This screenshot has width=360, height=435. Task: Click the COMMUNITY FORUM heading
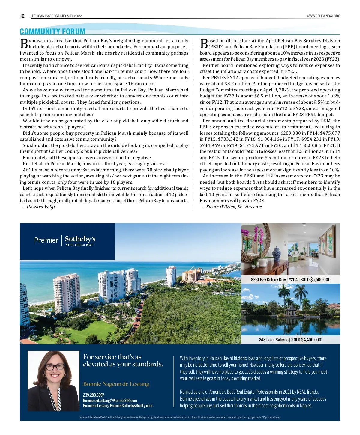(x=52, y=31)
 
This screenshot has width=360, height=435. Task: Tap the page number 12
(x=22, y=16)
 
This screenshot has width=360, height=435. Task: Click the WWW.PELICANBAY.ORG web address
(x=323, y=16)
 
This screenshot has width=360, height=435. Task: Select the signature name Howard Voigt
(x=41, y=207)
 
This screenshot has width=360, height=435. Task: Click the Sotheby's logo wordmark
(x=80, y=239)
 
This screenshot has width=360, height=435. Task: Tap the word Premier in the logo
(x=46, y=240)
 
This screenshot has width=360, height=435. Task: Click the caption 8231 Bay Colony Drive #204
(x=274, y=280)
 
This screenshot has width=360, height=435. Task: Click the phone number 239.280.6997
(x=94, y=395)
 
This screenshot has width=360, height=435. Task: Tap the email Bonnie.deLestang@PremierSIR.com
(x=110, y=401)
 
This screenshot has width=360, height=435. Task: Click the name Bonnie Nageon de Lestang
(x=116, y=384)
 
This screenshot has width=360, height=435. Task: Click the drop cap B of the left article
(x=24, y=43)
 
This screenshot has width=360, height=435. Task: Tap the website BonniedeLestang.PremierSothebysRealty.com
(x=118, y=406)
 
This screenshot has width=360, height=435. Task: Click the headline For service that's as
(x=112, y=357)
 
